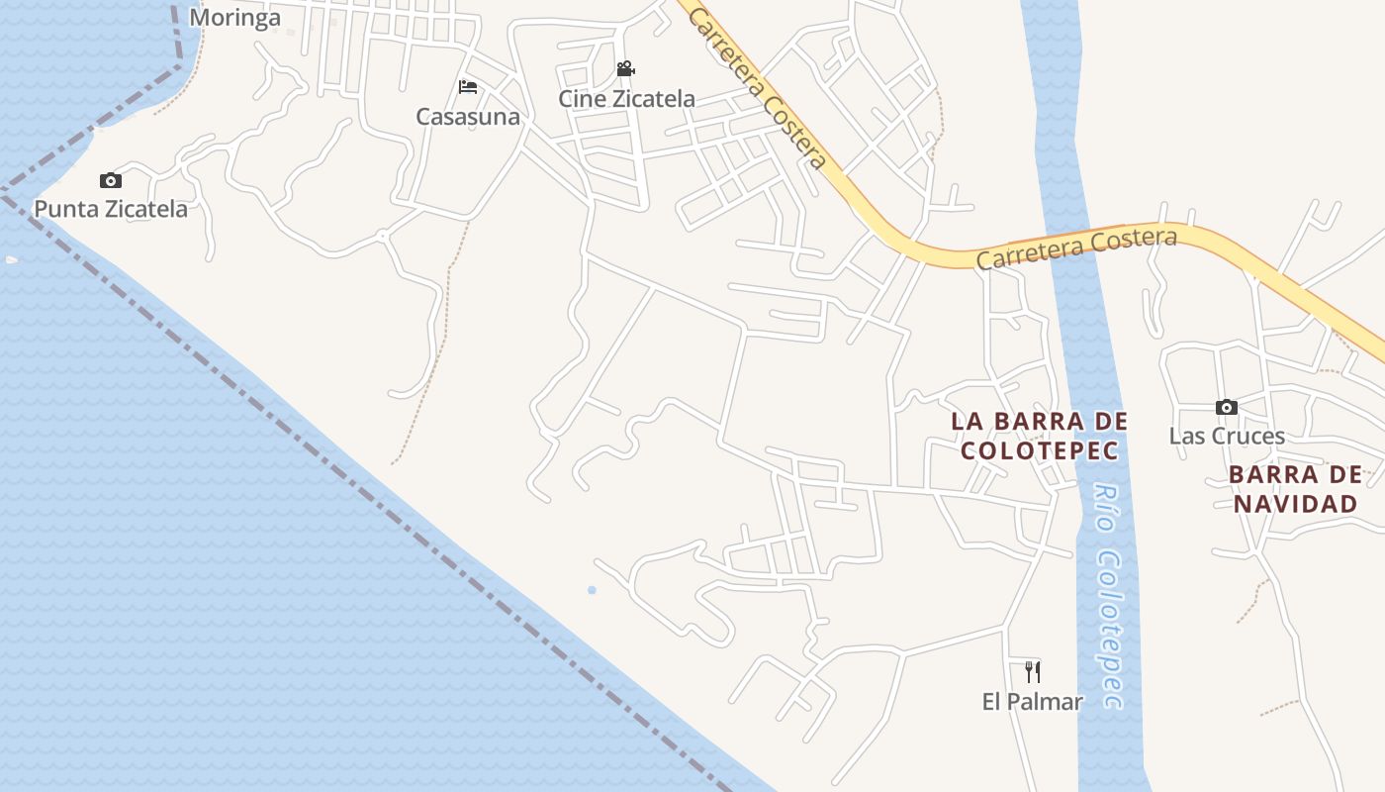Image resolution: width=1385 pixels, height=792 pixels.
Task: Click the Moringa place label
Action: click(x=234, y=18)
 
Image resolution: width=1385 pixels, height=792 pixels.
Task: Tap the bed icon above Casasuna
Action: click(x=468, y=88)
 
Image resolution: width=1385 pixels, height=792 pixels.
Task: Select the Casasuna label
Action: click(x=468, y=117)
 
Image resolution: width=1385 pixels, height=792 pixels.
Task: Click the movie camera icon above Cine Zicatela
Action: click(x=625, y=69)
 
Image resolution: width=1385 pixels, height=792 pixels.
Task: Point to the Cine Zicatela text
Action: click(x=626, y=99)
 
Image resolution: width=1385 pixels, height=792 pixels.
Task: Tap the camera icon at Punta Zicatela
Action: click(x=111, y=180)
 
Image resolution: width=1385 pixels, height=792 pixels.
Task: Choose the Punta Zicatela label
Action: click(x=111, y=209)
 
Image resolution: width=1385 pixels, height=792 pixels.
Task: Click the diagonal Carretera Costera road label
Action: click(x=757, y=86)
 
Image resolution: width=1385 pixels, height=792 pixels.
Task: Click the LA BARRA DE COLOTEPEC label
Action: click(x=1039, y=436)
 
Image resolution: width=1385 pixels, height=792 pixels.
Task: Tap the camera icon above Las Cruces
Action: click(x=1227, y=407)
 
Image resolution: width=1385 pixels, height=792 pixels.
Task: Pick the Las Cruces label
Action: click(x=1227, y=436)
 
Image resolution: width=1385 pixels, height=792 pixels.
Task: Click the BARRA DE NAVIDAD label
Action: click(x=1295, y=489)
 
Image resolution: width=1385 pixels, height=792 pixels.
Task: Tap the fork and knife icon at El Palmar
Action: click(x=1033, y=672)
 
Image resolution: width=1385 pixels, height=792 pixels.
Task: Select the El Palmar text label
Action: click(x=1033, y=702)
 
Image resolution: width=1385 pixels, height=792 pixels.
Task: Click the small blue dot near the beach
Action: click(x=592, y=590)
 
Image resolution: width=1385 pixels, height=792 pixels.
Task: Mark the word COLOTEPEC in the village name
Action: click(x=1039, y=451)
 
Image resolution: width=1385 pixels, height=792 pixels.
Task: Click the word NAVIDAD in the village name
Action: click(x=1295, y=504)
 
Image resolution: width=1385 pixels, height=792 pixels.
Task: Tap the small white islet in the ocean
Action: click(x=12, y=259)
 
